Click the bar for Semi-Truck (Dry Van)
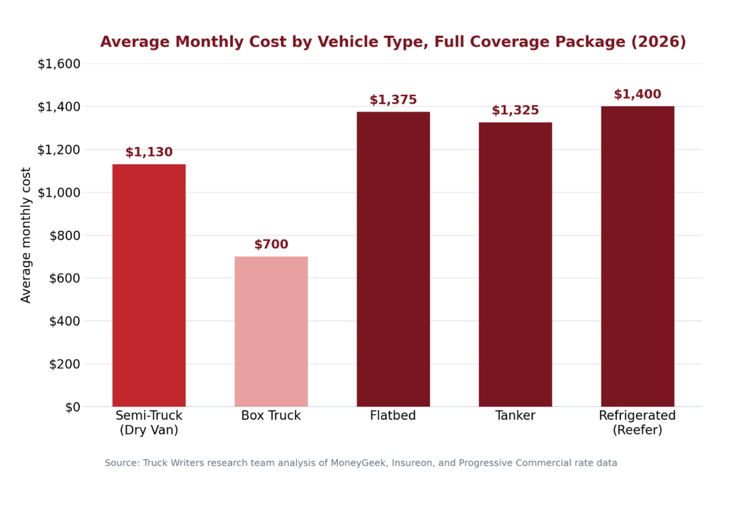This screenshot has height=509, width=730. click(x=149, y=285)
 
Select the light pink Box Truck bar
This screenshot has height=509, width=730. click(x=271, y=331)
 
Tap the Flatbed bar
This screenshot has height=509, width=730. click(x=394, y=259)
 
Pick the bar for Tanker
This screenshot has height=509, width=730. click(x=515, y=264)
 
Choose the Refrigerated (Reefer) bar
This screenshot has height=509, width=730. click(x=637, y=257)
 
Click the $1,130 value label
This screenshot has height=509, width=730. click(x=149, y=152)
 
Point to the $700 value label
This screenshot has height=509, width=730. click(x=271, y=244)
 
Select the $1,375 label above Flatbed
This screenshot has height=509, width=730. click(x=394, y=100)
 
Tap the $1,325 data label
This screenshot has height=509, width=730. click(x=515, y=110)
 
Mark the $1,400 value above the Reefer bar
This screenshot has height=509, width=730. click(x=637, y=94)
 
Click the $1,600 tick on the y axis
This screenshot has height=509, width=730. click(x=59, y=63)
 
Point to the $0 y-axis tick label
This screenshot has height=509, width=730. click(x=73, y=407)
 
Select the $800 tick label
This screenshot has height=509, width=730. click(x=65, y=236)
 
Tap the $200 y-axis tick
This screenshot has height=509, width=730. click(x=65, y=364)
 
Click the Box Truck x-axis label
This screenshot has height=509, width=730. click(x=271, y=416)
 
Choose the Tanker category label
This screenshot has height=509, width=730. click(x=515, y=416)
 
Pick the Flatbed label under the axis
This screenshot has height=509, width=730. click(x=393, y=416)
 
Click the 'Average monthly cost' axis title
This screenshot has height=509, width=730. click(x=26, y=235)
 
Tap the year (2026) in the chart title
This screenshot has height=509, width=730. click(x=659, y=42)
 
